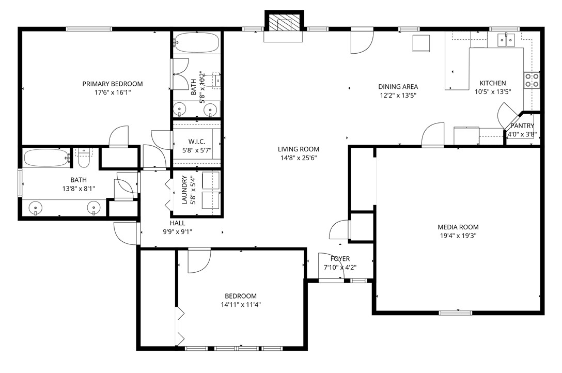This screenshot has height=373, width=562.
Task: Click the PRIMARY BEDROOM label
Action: pos(113,84)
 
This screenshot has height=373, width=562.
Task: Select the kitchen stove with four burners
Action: pos(532,80)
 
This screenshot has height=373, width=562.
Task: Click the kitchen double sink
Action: pos(506,40)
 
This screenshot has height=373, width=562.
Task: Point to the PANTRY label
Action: pos(522,126)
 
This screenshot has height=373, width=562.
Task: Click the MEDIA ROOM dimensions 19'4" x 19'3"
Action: pos(458,236)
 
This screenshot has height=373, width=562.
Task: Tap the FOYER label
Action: pos(340,259)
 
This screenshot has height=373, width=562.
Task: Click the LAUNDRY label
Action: pos(185,190)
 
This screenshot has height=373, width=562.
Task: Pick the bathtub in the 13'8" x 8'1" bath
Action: pos(46,158)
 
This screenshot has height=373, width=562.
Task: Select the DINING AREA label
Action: pos(398,87)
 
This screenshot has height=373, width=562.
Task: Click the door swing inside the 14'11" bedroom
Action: pos(198,261)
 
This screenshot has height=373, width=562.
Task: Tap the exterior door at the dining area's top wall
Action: pos(362,41)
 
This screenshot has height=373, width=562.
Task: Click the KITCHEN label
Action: pos(493,83)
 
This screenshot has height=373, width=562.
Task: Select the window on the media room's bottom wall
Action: pos(455,313)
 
